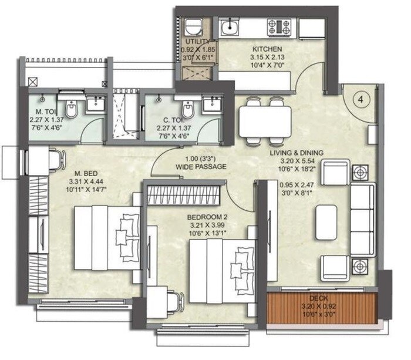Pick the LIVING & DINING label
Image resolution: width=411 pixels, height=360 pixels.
tap(297, 153)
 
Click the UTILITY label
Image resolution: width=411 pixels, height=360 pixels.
tap(196, 42)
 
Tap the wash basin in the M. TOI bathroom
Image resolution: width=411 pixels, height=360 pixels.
tap(94, 105)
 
